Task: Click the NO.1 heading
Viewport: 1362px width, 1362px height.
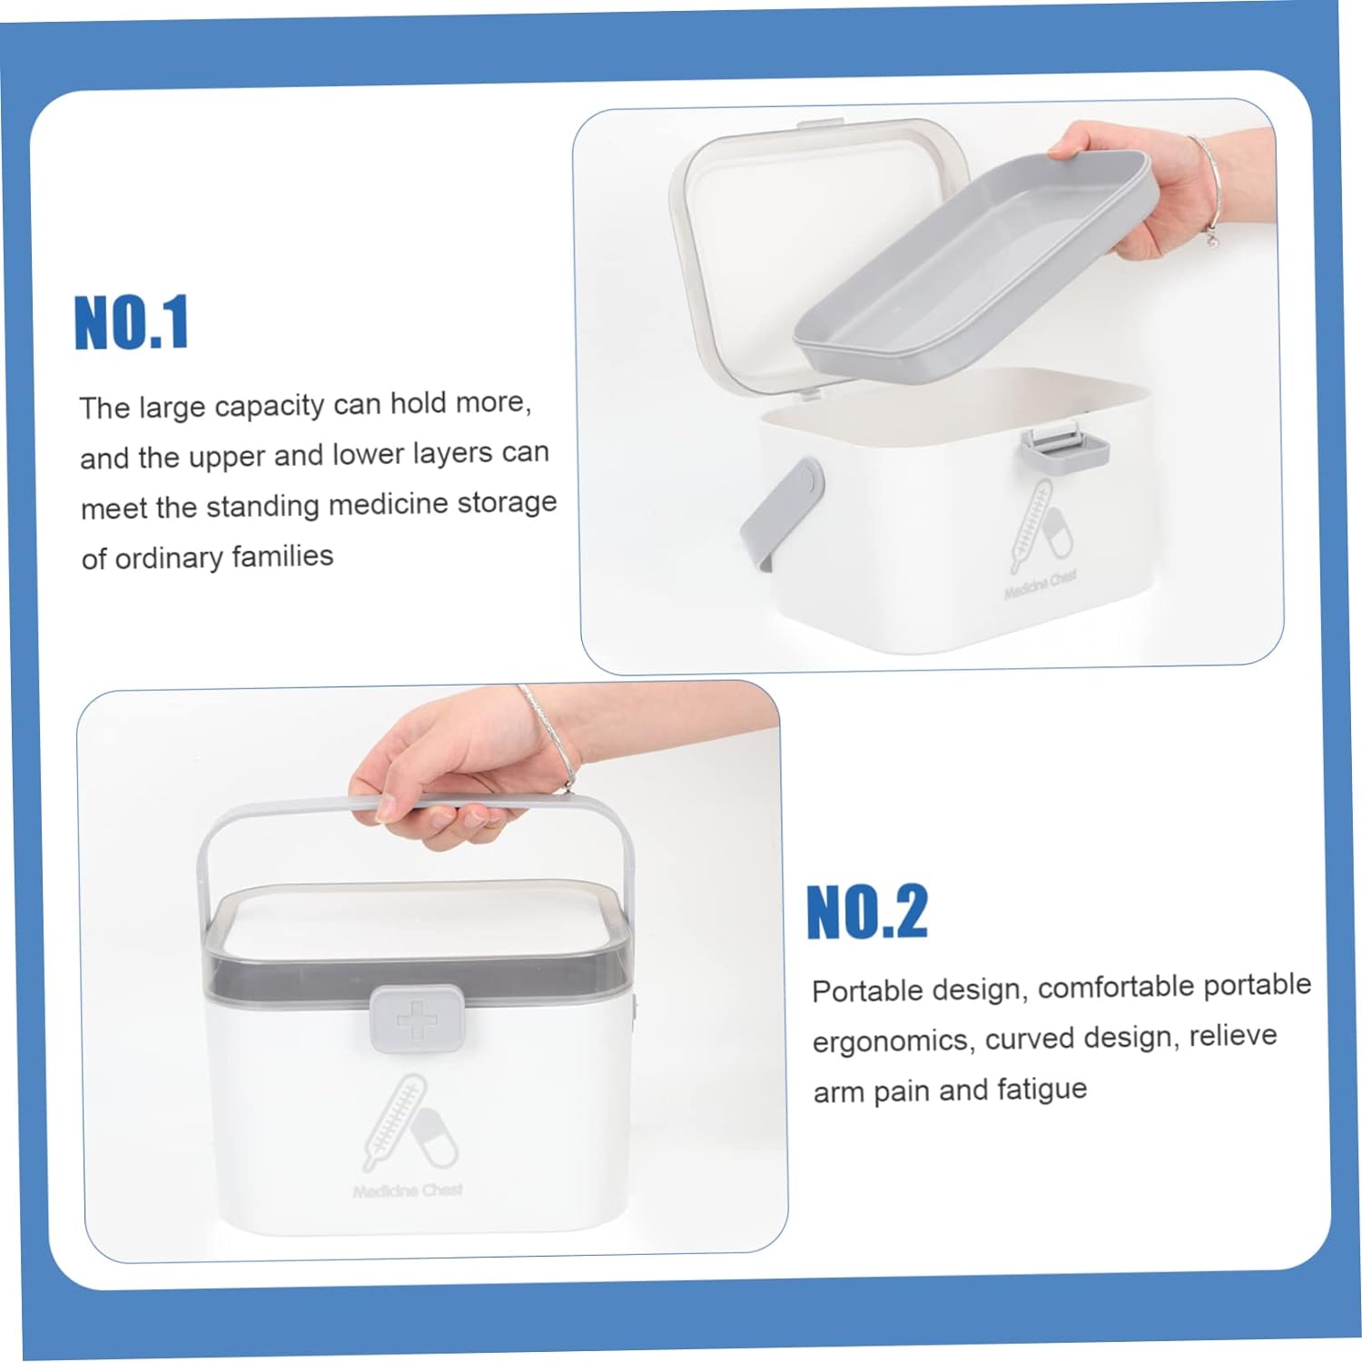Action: pos(132,322)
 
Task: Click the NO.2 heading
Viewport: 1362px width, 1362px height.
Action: pos(867,912)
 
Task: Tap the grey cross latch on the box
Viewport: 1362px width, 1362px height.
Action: pos(412,1019)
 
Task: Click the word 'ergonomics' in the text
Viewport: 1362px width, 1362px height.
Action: pos(890,1041)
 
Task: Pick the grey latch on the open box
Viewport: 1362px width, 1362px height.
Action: pos(1063,449)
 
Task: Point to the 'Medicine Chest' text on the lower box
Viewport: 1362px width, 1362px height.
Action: pos(408,1190)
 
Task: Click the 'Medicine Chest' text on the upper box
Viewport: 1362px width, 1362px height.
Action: pos(1041,585)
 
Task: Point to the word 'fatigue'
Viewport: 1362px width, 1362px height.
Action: pos(1041,1089)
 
